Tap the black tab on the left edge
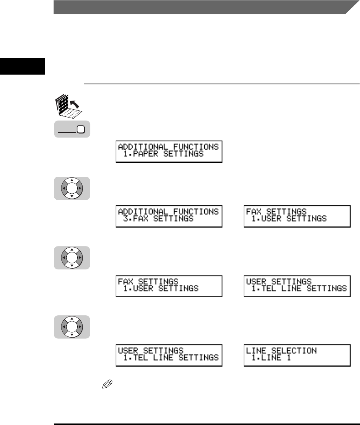click(x=22, y=66)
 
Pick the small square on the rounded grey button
click(x=80, y=130)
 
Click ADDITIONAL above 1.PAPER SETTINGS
click(x=145, y=147)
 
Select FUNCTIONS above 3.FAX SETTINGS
click(x=195, y=212)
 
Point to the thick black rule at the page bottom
click(x=206, y=413)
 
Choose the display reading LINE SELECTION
click(x=297, y=354)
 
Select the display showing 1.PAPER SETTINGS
click(x=169, y=151)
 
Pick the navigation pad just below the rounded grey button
click(x=71, y=188)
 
